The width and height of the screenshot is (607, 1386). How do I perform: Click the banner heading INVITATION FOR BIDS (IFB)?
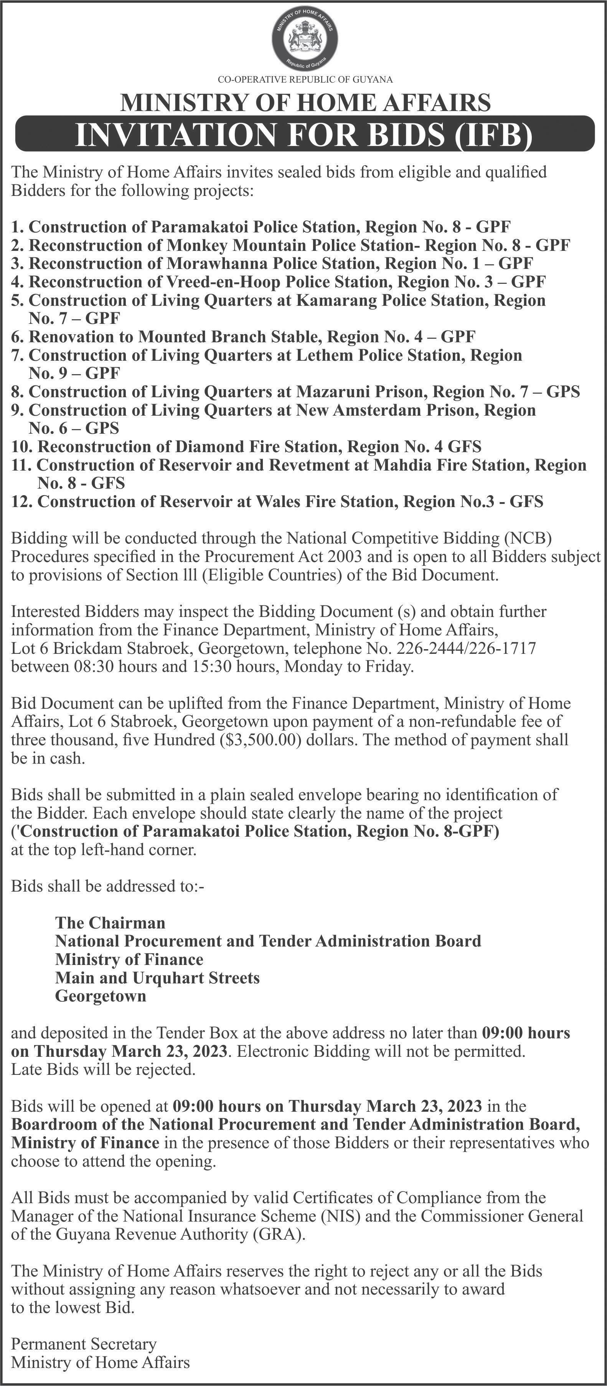(x=304, y=135)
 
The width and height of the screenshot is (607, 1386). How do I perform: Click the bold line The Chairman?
(x=110, y=923)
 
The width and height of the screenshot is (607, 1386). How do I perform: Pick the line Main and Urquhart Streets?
(x=157, y=978)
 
